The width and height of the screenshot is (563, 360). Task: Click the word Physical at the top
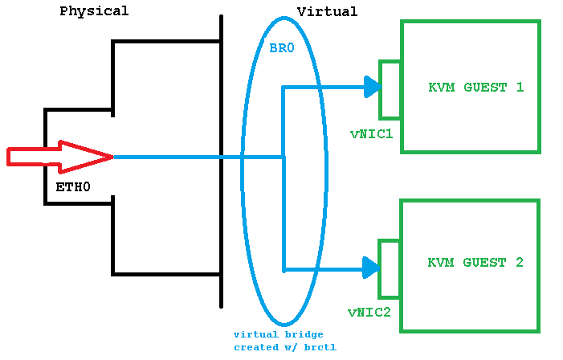(94, 11)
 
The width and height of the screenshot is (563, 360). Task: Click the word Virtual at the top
(327, 11)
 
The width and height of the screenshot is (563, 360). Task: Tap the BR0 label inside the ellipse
(282, 49)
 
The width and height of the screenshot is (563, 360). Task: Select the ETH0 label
(72, 187)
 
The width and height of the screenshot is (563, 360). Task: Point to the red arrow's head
(88, 157)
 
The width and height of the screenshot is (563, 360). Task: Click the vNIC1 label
(371, 133)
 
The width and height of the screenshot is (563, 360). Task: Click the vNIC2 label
(369, 311)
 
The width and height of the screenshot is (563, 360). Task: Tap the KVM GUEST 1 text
(476, 87)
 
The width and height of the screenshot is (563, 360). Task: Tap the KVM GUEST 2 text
(475, 263)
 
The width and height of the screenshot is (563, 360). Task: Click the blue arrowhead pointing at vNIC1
(371, 87)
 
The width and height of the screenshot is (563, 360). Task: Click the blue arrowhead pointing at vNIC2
(370, 268)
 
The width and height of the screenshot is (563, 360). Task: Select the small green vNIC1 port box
(390, 89)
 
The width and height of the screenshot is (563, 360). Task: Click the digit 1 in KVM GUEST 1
(519, 87)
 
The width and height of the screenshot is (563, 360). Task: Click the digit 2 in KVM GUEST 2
(519, 263)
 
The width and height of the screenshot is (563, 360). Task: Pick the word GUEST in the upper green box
(485, 87)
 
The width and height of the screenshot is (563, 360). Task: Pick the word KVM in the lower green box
(441, 263)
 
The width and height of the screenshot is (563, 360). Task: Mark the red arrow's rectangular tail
(32, 157)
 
